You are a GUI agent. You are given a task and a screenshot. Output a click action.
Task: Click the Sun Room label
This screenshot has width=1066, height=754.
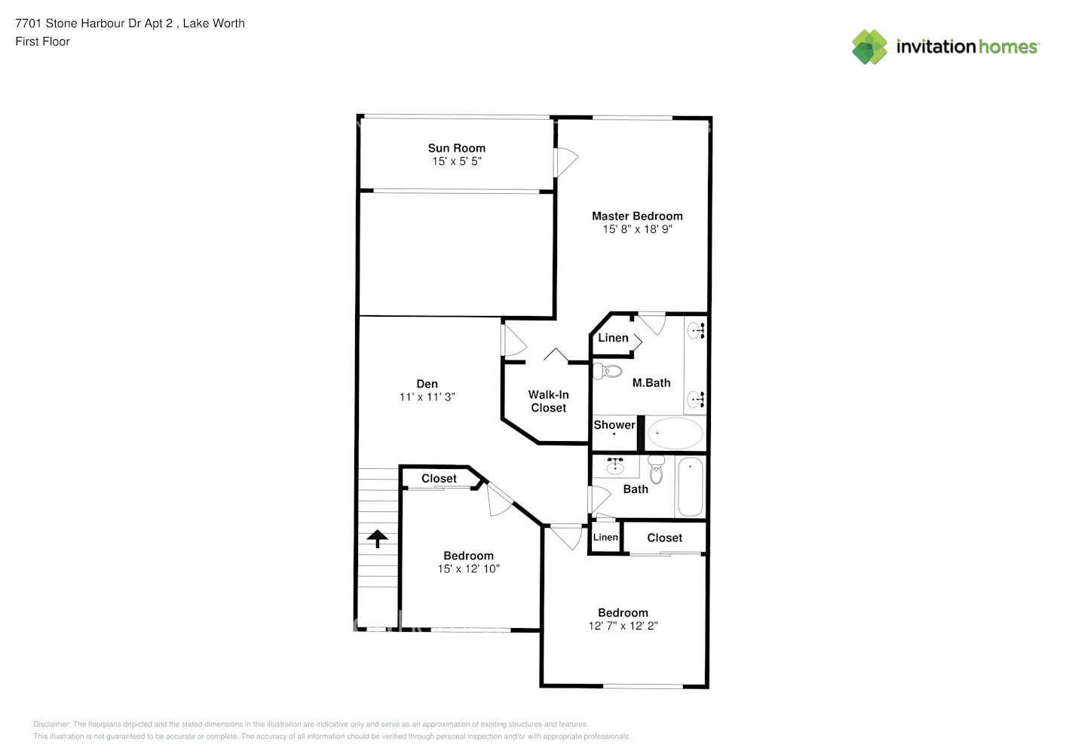[456, 148]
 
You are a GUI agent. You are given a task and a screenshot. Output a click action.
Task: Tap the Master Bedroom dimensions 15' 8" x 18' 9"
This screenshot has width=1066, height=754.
[637, 229]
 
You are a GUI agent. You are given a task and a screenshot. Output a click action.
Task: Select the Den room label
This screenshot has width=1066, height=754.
[427, 384]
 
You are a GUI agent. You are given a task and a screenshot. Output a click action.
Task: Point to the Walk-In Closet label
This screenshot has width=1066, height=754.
[548, 401]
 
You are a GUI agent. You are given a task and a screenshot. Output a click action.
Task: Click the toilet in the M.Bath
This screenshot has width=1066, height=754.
[607, 371]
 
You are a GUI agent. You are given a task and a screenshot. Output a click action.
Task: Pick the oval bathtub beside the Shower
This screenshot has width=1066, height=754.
[675, 433]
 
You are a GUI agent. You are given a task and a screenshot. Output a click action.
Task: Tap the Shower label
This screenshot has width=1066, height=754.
[614, 425]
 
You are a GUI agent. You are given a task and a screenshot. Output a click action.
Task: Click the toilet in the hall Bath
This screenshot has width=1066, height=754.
[656, 469]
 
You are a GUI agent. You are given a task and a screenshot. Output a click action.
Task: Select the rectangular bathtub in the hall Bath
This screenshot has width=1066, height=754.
[690, 486]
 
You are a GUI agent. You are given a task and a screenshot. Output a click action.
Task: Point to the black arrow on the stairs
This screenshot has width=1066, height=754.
[378, 538]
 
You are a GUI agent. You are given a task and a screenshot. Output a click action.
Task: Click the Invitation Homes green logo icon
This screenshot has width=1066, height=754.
[869, 47]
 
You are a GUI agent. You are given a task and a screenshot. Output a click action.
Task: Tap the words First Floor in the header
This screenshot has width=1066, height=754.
[42, 41]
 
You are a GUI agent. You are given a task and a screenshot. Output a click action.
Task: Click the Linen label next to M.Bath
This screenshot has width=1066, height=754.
[613, 338]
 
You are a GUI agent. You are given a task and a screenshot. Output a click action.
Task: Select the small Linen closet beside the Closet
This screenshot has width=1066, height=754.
[605, 538]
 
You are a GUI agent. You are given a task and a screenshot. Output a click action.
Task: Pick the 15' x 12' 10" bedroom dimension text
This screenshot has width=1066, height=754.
[468, 569]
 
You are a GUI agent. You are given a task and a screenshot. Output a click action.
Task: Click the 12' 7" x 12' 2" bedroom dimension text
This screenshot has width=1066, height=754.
[623, 626]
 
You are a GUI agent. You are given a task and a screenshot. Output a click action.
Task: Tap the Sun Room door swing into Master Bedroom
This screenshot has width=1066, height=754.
[567, 162]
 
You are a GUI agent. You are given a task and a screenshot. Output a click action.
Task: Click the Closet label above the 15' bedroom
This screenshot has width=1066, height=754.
[439, 478]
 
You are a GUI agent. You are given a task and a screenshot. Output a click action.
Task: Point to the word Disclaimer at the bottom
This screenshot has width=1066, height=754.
[51, 724]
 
